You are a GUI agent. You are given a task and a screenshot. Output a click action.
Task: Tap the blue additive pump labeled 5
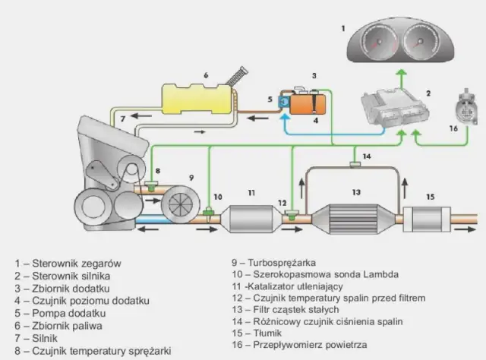(x=285, y=101)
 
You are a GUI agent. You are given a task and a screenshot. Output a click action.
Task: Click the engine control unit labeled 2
(x=390, y=106)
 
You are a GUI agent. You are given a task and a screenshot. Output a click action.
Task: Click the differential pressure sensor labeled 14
(x=354, y=163)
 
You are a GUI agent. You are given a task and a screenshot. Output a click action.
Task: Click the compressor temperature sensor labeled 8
(x=151, y=185)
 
